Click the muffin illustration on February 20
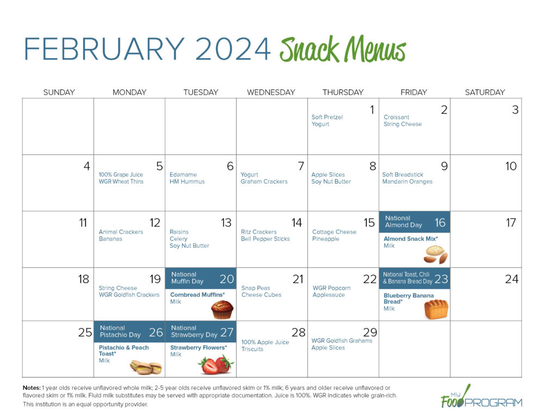click(x=222, y=310)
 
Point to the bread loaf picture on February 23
click(x=436, y=309)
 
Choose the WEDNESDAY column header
click(x=271, y=92)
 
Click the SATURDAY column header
click(x=485, y=92)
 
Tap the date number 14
click(x=296, y=223)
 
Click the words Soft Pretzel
click(x=327, y=117)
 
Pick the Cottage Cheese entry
click(x=334, y=232)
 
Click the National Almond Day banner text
click(x=404, y=222)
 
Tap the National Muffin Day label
click(x=187, y=278)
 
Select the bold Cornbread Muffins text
click(x=197, y=295)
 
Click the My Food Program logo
click(x=481, y=397)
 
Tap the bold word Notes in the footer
click(x=31, y=387)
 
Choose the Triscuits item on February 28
click(x=252, y=349)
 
